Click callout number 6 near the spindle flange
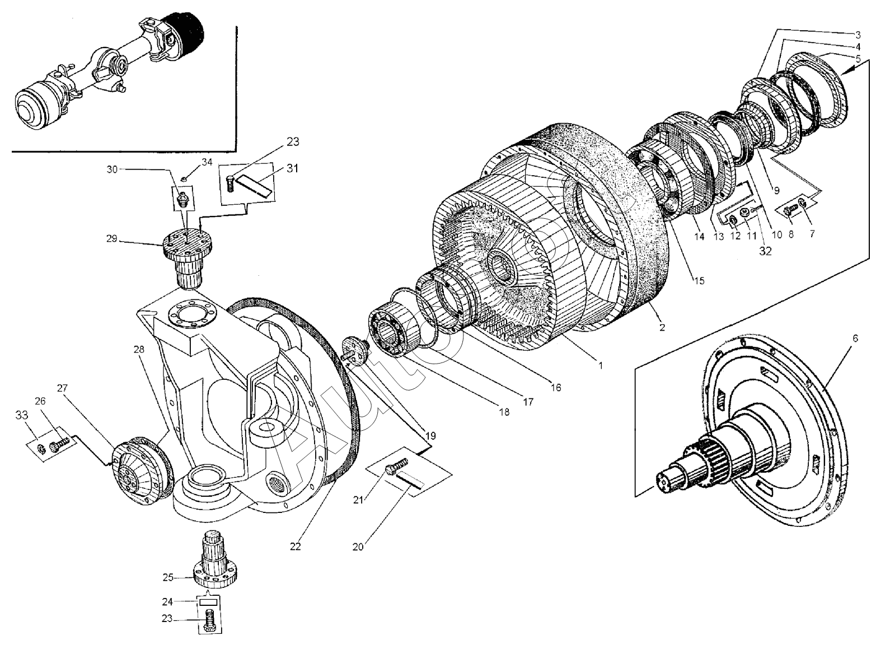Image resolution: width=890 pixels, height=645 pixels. (855, 338)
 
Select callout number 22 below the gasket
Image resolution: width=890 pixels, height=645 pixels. (295, 546)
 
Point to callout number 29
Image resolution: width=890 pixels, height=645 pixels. (111, 239)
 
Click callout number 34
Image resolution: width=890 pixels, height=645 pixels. (207, 162)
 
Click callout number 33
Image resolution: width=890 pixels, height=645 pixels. (21, 415)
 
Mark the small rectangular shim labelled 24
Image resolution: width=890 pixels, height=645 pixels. (209, 603)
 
